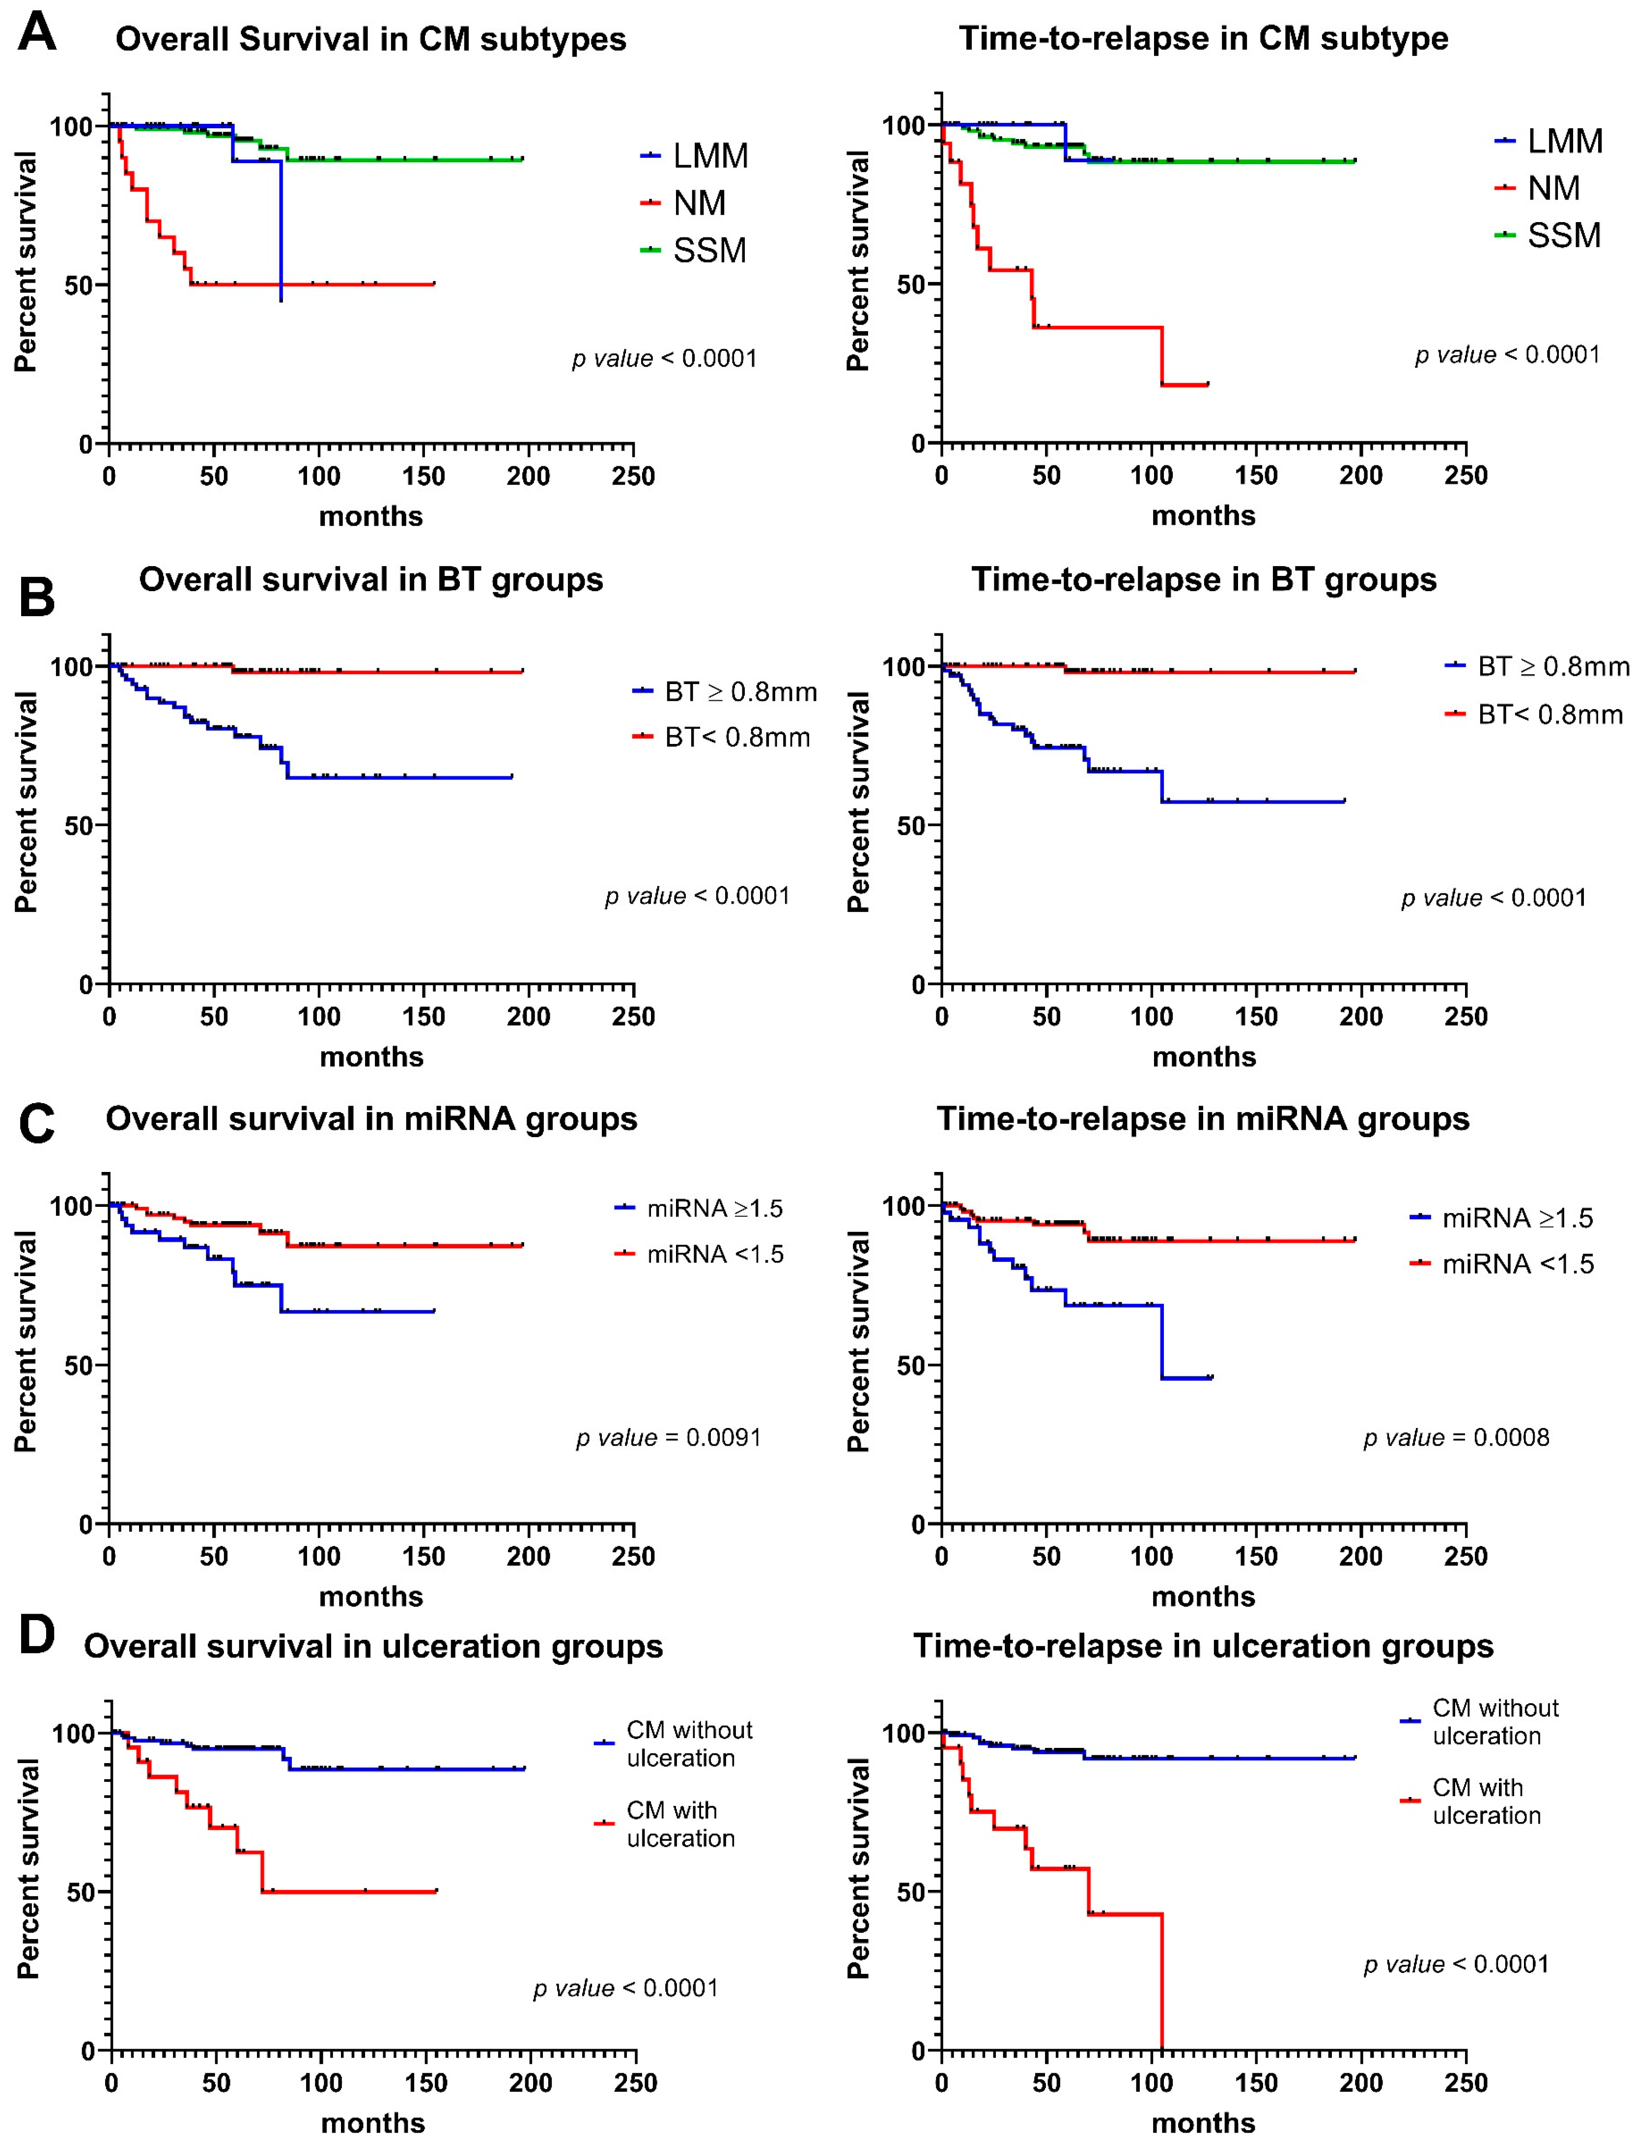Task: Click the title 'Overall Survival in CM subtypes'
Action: coord(371,39)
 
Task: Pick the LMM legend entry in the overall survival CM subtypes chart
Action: coord(694,156)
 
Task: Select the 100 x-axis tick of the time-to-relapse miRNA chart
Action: coord(1151,1556)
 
